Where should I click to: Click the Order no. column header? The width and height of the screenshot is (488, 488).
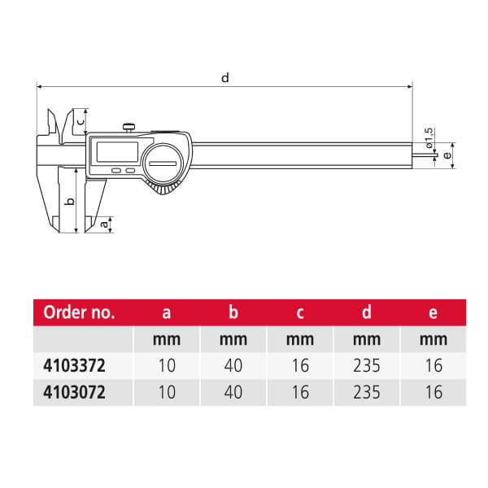[x=79, y=312]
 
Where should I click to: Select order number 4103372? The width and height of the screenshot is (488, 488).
[x=74, y=365]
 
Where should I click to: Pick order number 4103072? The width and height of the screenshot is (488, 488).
[x=74, y=392]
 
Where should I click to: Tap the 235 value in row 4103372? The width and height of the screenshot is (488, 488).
[x=367, y=365]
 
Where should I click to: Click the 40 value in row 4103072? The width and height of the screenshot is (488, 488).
[x=233, y=392]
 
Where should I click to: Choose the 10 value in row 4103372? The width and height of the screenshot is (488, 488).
[x=166, y=365]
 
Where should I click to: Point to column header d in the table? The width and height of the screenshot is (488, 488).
[x=367, y=312]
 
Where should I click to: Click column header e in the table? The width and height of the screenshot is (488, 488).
[x=434, y=312]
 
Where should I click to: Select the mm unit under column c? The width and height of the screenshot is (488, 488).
[x=299, y=339]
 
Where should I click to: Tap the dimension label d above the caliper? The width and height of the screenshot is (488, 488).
[x=225, y=78]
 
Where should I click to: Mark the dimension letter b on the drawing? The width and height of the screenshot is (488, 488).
[x=71, y=201]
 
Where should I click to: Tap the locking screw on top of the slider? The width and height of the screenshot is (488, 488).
[x=129, y=126]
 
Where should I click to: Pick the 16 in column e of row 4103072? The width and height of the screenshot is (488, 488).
[x=434, y=392]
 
